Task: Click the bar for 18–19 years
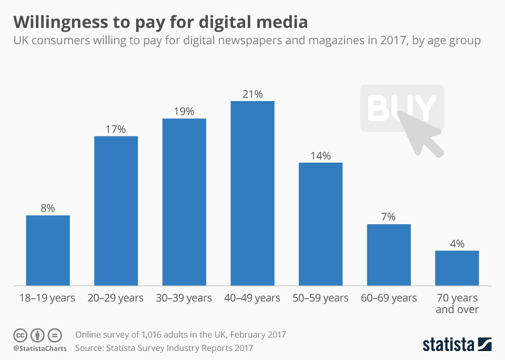coord(48,251)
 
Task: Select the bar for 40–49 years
coord(252,193)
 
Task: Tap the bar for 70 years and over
coord(457,268)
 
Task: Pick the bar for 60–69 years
coord(389,255)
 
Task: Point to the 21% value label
coord(252,94)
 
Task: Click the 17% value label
coord(116,129)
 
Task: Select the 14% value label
coord(320,156)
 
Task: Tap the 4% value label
coord(457,244)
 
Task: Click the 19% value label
coord(184,112)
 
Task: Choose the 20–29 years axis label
coord(116,298)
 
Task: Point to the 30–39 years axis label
coord(184,298)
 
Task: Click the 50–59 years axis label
coord(320,298)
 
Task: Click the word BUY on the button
coord(401,107)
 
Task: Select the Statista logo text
coord(448,345)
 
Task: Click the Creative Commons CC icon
coord(20,335)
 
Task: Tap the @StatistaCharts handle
coord(39,348)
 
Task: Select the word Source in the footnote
coord(89,348)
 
